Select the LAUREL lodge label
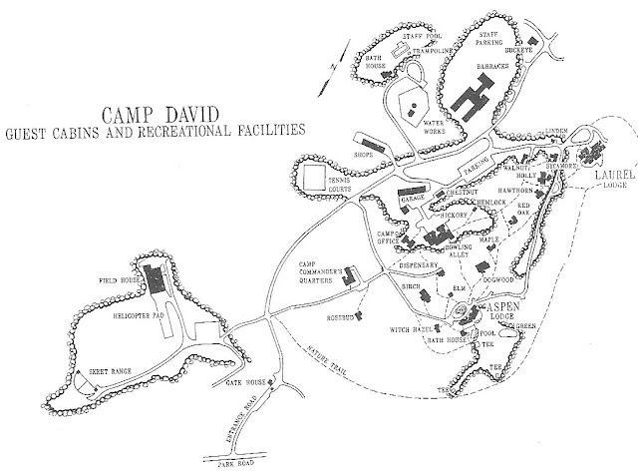[x=606, y=180]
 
